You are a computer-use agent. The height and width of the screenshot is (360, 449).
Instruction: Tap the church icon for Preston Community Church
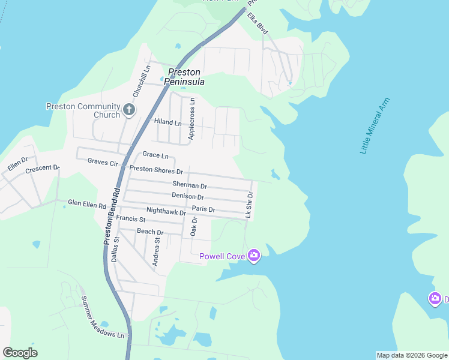point(128,110)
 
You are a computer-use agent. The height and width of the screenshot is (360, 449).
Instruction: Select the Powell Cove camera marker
point(254,256)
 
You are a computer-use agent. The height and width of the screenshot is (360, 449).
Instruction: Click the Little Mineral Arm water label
point(375,126)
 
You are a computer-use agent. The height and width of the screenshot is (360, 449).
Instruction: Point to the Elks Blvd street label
point(256,23)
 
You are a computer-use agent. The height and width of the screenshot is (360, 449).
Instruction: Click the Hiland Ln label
point(167,122)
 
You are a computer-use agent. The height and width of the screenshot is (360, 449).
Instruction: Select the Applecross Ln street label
point(191,119)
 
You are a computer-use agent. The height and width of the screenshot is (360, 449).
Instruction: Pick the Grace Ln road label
point(155,155)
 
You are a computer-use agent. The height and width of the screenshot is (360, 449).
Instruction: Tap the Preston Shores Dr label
point(156,170)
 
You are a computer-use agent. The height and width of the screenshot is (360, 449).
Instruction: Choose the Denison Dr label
point(188,196)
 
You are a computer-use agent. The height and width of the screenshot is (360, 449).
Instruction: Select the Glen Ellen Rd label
point(87,204)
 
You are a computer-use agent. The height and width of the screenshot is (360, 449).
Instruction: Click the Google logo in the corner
point(20,352)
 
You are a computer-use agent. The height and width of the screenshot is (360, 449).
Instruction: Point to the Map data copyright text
point(411,355)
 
